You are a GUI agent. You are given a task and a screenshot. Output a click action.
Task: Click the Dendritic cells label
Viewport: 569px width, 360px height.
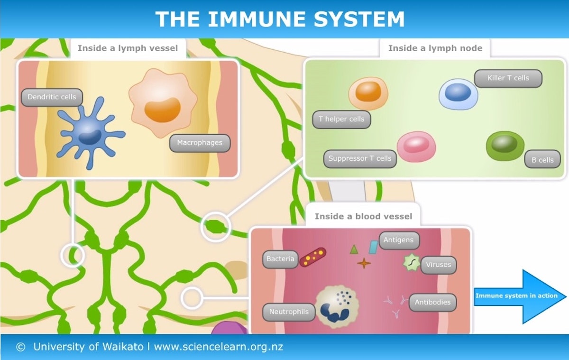[x=52, y=97]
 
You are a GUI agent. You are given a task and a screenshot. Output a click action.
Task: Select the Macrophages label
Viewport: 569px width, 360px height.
[x=200, y=143]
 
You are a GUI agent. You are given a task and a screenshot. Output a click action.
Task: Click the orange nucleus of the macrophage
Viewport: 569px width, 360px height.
[x=162, y=110]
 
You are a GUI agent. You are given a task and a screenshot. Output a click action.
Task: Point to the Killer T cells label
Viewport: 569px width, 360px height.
[x=508, y=78]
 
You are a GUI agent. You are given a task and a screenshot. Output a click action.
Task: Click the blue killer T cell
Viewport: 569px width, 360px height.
[x=458, y=94]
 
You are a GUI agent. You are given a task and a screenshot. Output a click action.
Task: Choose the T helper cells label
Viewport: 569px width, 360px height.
[x=341, y=120]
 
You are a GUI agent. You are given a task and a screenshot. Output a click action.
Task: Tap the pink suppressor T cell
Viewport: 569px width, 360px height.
[x=416, y=146]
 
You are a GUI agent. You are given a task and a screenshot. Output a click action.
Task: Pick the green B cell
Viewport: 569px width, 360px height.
[x=505, y=145]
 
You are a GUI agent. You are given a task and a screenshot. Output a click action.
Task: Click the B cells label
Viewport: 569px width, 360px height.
[x=542, y=160]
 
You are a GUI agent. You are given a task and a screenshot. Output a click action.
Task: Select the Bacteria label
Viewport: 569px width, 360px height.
[x=280, y=259]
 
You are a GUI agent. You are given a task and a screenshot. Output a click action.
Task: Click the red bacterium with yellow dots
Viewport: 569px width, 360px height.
[x=313, y=257]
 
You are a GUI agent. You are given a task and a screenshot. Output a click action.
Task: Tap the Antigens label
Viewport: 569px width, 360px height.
[x=398, y=240]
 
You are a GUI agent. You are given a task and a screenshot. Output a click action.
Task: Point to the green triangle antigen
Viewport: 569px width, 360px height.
[x=354, y=249]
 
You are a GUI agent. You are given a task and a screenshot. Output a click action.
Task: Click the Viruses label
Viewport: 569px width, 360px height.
[x=439, y=265]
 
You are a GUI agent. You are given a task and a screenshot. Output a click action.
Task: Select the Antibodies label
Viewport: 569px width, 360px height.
[x=432, y=302]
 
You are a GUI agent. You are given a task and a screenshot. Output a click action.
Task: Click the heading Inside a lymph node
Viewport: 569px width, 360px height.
[x=435, y=48]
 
